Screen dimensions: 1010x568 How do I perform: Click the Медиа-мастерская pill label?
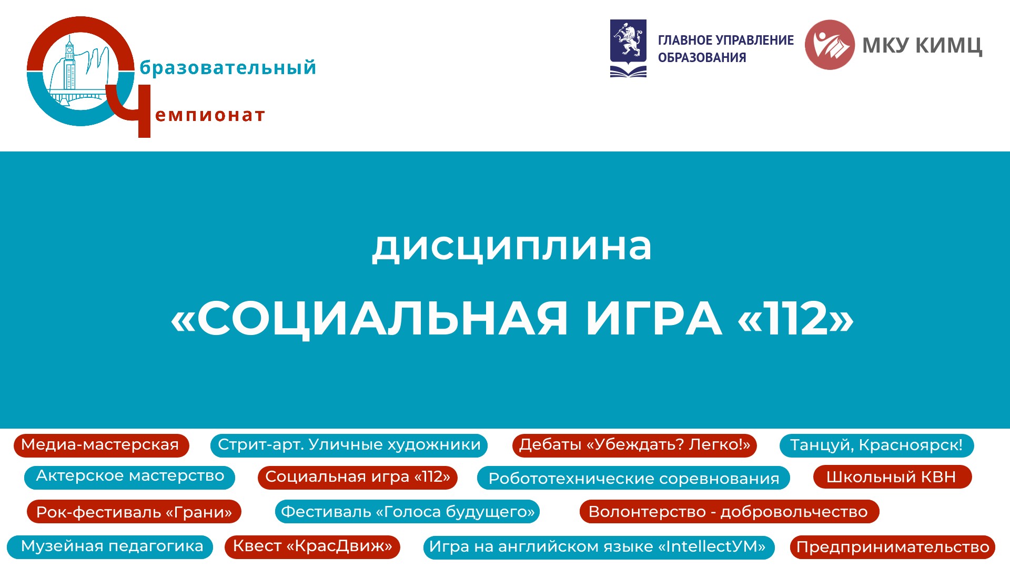[101, 445]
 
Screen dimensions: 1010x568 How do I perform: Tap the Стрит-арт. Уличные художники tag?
[349, 445]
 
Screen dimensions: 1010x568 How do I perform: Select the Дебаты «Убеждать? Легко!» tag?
[634, 445]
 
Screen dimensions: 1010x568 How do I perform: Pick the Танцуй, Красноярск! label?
[876, 445]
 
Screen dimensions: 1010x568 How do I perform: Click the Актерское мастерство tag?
[130, 477]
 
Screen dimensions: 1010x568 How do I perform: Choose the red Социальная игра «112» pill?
[358, 477]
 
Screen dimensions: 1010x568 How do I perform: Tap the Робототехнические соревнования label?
[634, 478]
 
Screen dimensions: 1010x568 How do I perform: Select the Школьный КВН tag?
[892, 477]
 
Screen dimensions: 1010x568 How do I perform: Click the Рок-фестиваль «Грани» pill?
[134, 512]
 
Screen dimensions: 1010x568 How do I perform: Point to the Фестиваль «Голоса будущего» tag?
[408, 512]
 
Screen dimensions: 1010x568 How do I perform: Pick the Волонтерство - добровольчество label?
[729, 512]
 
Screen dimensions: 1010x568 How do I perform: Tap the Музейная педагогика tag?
[110, 547]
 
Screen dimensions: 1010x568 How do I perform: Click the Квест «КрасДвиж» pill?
[312, 547]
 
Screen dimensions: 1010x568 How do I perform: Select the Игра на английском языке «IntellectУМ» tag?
[599, 547]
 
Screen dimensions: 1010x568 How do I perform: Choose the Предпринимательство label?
[893, 547]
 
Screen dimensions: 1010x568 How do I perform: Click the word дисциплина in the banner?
[512, 247]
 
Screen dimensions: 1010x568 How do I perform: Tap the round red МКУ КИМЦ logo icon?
[830, 45]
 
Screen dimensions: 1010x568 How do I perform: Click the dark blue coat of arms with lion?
[628, 48]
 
